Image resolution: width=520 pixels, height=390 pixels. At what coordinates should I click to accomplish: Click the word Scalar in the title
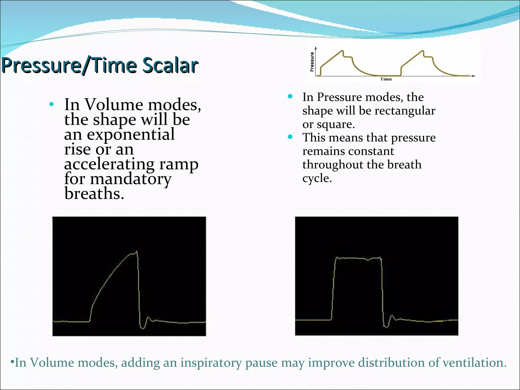(170, 65)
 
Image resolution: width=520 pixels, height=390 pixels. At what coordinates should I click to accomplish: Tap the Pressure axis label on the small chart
(312, 62)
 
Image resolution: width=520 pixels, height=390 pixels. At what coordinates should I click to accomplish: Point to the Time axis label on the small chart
(386, 79)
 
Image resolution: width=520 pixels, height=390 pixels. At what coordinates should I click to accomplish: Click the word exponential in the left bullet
(131, 134)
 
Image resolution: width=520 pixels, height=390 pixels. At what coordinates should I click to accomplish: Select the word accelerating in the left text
(109, 164)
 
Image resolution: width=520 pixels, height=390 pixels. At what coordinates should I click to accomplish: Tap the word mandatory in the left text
(131, 179)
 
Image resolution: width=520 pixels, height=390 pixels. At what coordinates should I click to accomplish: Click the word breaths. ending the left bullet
(94, 194)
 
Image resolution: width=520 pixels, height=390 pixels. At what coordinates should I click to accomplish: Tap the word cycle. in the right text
(317, 178)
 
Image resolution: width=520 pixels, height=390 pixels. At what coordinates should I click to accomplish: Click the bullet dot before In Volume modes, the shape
(52, 104)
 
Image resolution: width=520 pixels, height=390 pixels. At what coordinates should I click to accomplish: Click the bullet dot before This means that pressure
(290, 137)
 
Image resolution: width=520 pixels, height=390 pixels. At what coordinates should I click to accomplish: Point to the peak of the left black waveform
(137, 252)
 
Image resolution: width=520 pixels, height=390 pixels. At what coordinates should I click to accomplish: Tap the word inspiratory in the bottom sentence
(210, 363)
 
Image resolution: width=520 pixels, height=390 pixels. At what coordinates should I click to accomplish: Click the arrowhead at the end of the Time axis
(474, 76)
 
